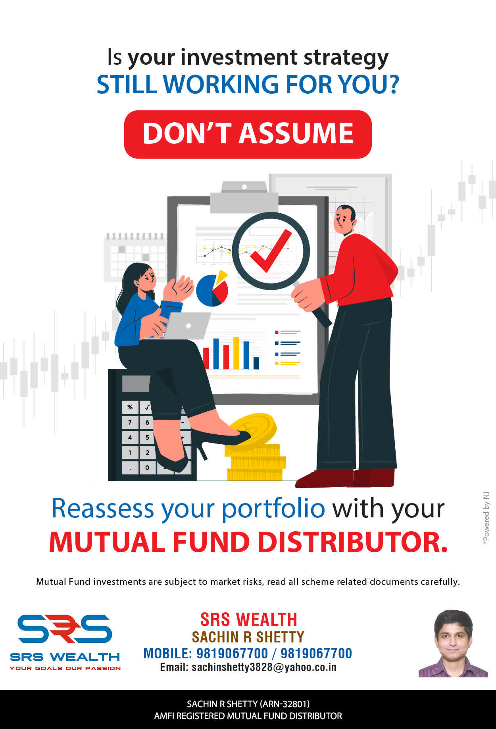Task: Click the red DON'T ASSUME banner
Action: [x=248, y=134]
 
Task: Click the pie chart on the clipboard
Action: [x=213, y=289]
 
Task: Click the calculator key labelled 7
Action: [x=130, y=422]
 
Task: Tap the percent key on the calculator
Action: [x=130, y=407]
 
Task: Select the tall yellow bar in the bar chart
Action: [x=236, y=353]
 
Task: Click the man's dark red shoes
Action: [x=345, y=478]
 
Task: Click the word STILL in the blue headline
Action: [x=127, y=84]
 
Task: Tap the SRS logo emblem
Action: [x=65, y=629]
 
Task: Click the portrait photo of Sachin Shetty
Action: [x=453, y=644]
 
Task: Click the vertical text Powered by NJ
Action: [x=486, y=518]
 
